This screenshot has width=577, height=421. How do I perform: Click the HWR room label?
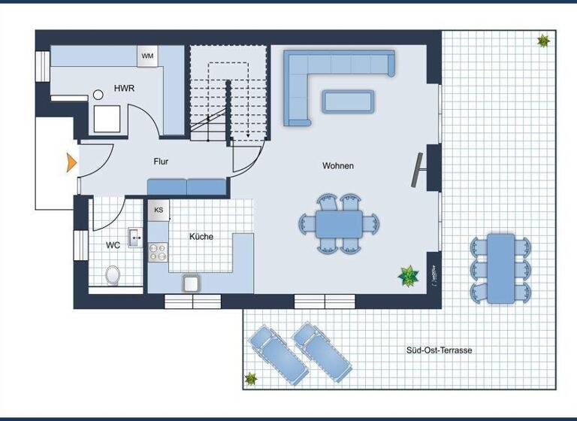[125, 89]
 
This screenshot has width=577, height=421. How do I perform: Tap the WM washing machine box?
[147, 56]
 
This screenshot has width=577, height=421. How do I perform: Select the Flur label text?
[161, 161]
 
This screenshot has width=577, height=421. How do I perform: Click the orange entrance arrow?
[71, 162]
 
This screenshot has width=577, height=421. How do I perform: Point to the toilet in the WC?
[113, 274]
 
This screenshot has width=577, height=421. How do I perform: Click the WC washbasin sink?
[135, 238]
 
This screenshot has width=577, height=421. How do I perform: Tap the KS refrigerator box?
[159, 210]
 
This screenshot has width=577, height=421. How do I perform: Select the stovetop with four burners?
[158, 252]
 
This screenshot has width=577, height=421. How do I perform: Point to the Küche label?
[201, 237]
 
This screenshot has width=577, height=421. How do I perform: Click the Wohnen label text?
[338, 165]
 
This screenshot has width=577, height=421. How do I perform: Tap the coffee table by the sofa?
[348, 101]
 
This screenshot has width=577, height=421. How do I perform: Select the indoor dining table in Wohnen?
[339, 223]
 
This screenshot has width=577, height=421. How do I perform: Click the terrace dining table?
[501, 268]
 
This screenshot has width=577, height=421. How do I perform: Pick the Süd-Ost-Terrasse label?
[440, 350]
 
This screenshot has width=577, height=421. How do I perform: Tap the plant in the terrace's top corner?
[543, 41]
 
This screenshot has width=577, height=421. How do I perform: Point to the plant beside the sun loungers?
[251, 378]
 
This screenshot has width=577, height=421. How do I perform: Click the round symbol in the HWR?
[98, 95]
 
